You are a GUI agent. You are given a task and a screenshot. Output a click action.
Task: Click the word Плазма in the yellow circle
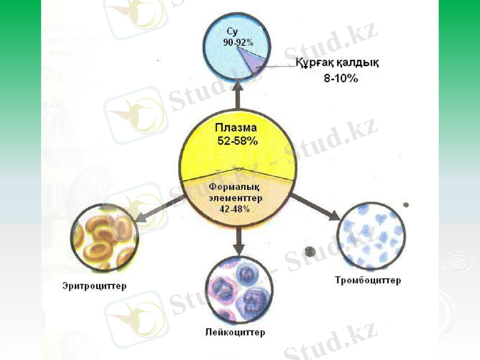click(236, 128)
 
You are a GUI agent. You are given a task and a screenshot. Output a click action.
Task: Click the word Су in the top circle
click(233, 32)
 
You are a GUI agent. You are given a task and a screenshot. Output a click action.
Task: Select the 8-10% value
click(337, 79)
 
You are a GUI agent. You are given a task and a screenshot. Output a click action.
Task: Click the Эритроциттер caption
click(95, 286)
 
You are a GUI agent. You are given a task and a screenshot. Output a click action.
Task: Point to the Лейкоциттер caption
click(235, 332)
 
